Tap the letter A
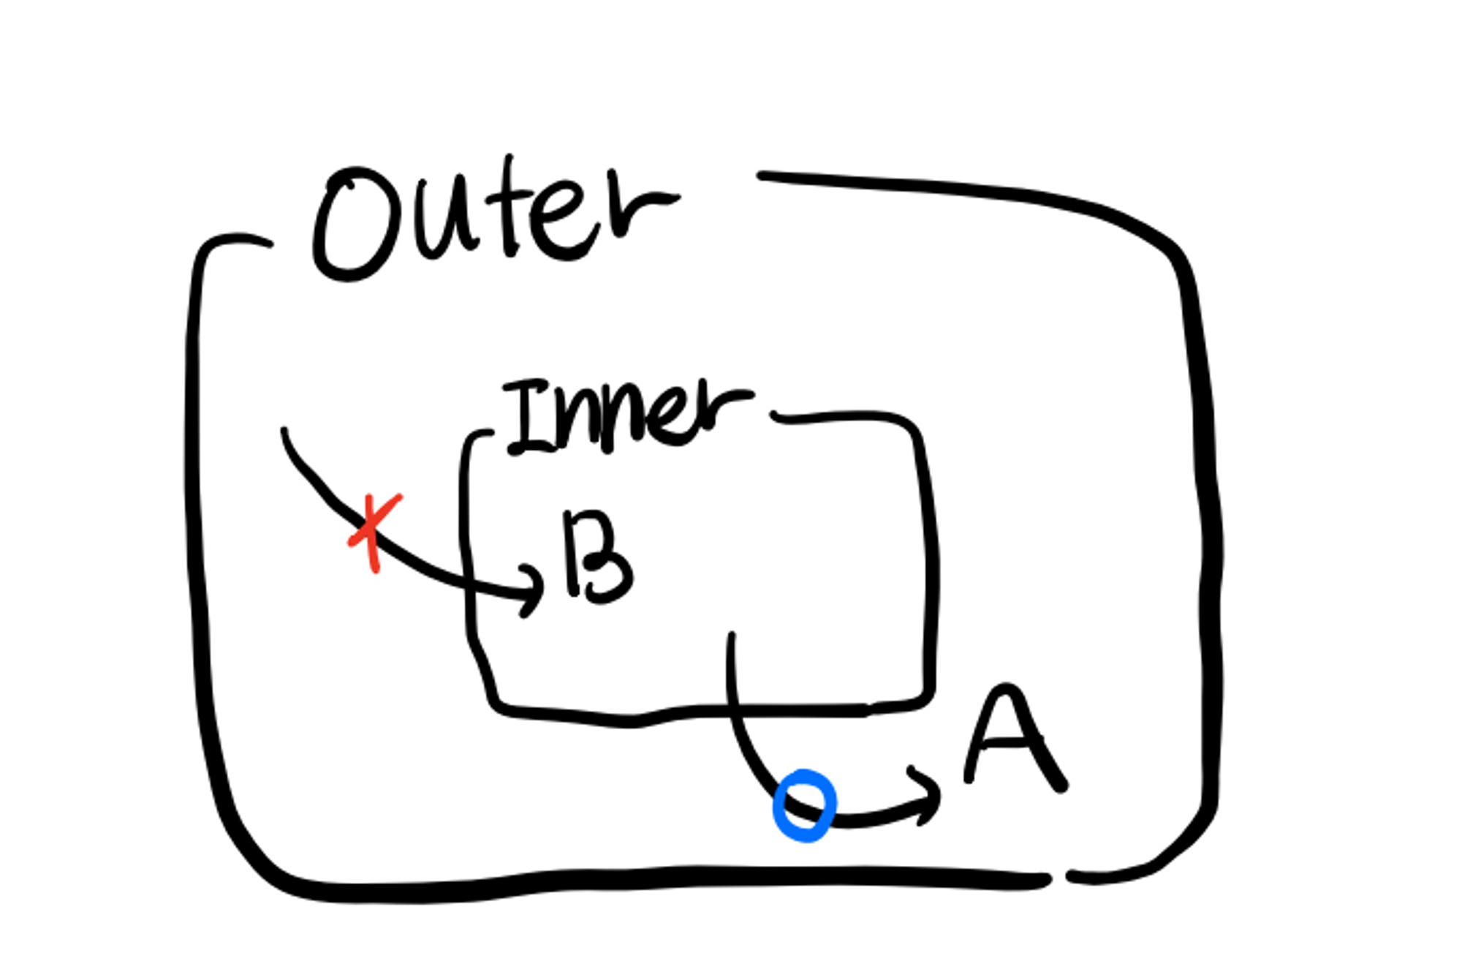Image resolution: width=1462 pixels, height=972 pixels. pyautogui.click(x=1012, y=739)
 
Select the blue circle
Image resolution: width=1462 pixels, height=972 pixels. pyautogui.click(x=804, y=805)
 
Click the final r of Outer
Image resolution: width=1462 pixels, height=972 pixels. pyautogui.click(x=636, y=208)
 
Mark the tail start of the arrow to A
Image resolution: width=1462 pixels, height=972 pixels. pyautogui.click(x=731, y=636)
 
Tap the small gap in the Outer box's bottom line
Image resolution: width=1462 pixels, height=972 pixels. pyautogui.click(x=1058, y=878)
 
